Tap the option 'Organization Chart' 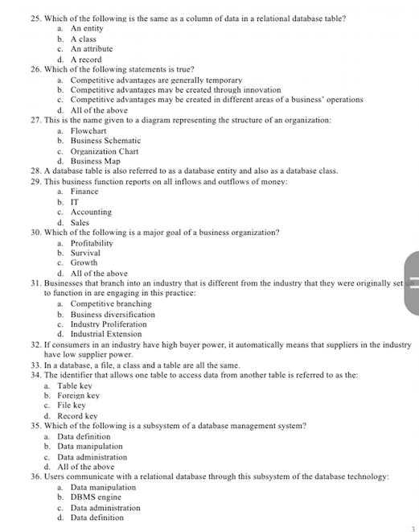coord(104,151)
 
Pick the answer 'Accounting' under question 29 coord(91,212)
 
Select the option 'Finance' coord(84,192)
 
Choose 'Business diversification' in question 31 coord(113,314)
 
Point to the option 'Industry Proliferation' coord(109,324)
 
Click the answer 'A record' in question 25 coord(85,59)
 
